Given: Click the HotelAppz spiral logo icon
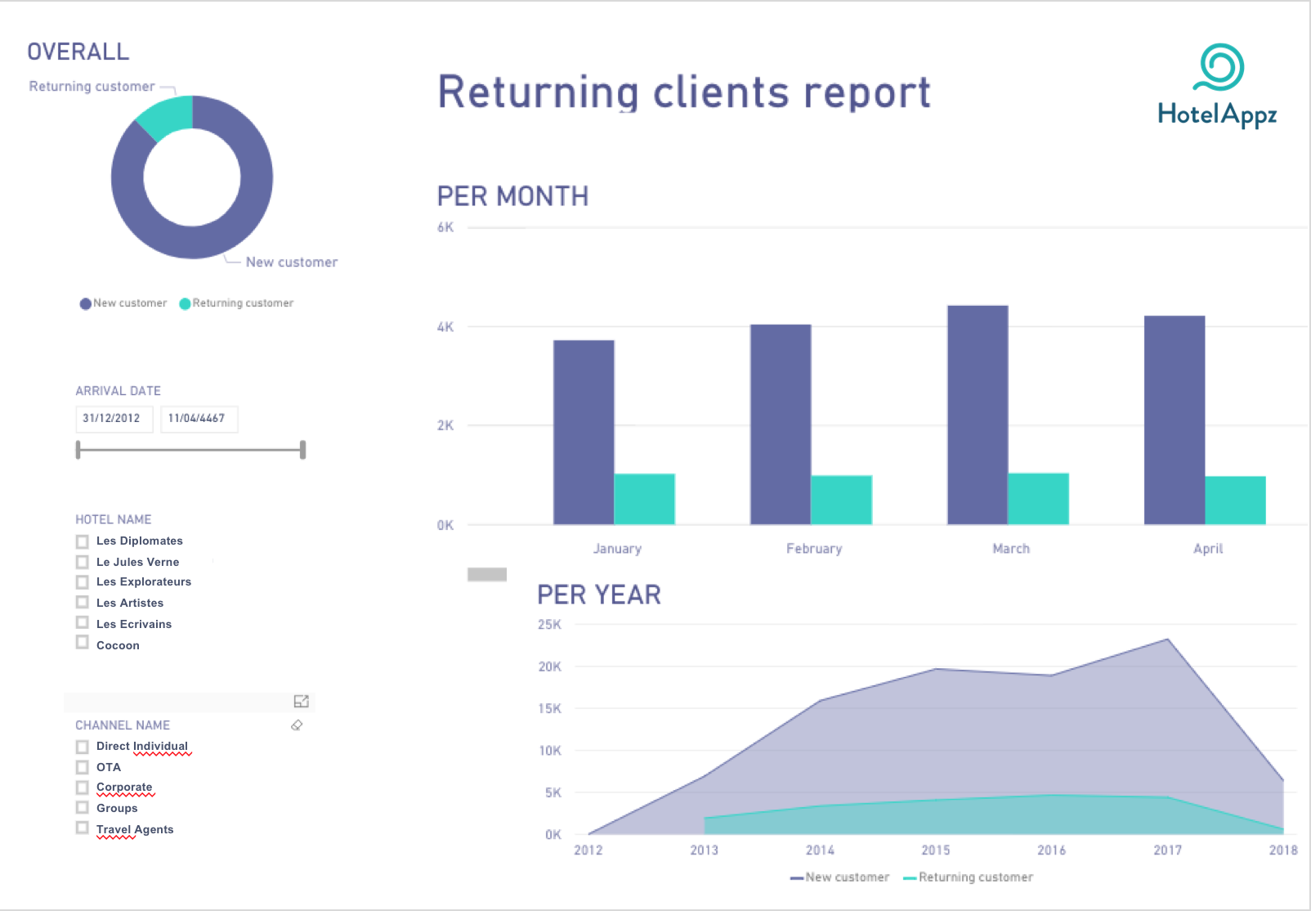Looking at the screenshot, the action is (1219, 67).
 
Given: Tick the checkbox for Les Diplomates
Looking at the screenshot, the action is (83, 541).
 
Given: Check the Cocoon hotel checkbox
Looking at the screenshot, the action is (83, 643).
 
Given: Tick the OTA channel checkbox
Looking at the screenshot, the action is (83, 767).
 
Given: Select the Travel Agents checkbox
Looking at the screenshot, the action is (83, 828).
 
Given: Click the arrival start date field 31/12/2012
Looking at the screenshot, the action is (114, 419).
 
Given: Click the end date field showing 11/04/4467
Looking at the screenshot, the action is (199, 419).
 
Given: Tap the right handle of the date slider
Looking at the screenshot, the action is (302, 450).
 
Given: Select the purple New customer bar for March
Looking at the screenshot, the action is (978, 415).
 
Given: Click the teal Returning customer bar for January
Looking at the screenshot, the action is (644, 499).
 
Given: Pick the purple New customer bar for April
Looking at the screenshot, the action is (1174, 420).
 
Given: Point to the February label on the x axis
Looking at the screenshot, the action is (814, 549).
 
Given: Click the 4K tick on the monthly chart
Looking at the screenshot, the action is (445, 326).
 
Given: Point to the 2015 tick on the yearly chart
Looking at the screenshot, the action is (935, 850).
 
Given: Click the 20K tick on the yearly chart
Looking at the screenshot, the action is (549, 666).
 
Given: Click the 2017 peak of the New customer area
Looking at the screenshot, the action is (1168, 639).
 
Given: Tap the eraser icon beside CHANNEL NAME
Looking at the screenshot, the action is (297, 725).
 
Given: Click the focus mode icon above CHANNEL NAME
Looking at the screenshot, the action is (301, 702).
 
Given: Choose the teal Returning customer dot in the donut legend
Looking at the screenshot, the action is (185, 303).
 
